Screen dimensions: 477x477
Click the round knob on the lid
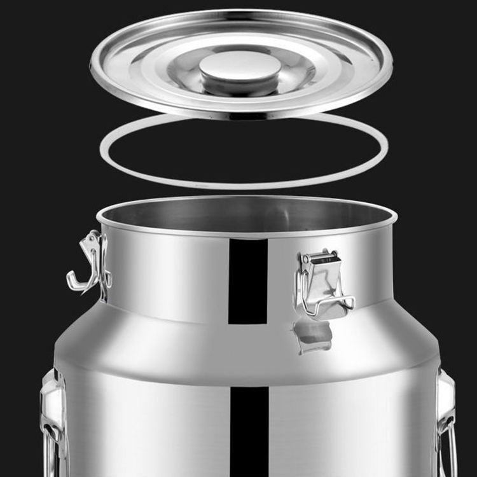click(240, 69)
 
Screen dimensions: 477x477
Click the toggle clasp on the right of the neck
click(322, 283)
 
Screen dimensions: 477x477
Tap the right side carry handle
click(446, 420)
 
